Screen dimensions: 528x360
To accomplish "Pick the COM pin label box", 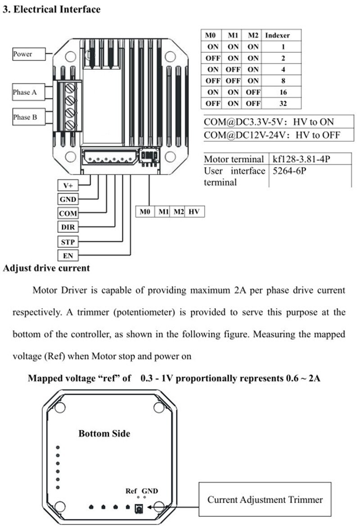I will (x=67, y=213).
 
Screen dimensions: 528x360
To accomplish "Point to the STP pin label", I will (x=67, y=242).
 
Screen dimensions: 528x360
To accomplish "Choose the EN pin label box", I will (x=67, y=256).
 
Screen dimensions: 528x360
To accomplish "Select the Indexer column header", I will (x=277, y=35).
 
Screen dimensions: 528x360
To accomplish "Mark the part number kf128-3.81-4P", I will (x=305, y=159).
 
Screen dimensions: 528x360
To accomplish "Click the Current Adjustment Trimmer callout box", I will (x=265, y=499).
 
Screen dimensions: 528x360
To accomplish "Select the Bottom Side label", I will (x=104, y=433).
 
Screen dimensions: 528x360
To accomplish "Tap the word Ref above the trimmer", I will (x=131, y=491).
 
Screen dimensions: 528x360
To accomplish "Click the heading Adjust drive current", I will (x=46, y=268).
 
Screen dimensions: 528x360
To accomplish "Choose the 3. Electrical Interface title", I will (x=52, y=9).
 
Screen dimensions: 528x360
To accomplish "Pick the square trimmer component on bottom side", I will (x=139, y=508).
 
